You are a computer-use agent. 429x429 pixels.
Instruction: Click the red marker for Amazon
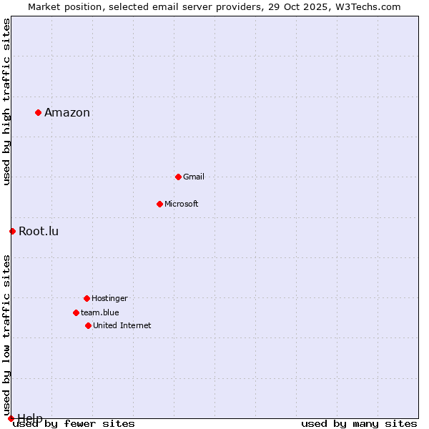(38, 112)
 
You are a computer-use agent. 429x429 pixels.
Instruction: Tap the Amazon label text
(67, 112)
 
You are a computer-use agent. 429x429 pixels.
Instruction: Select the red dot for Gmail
(178, 177)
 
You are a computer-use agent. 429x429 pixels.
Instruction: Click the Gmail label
(194, 177)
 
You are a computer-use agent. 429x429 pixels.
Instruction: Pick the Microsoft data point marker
(159, 204)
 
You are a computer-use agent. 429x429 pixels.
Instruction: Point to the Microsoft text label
(182, 204)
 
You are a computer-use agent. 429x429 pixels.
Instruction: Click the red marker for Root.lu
(12, 231)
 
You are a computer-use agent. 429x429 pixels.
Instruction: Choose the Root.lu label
(39, 231)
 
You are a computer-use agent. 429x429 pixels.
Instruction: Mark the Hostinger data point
(87, 298)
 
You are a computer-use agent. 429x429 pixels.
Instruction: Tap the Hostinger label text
(109, 298)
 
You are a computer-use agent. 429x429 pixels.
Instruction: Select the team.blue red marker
(76, 312)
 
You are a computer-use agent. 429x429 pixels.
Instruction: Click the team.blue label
(100, 312)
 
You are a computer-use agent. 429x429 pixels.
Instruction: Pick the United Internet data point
(88, 325)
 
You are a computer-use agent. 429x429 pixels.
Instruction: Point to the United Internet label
(122, 325)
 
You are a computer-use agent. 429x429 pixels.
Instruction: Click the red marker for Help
(11, 418)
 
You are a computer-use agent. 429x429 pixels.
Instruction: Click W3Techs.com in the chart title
(368, 6)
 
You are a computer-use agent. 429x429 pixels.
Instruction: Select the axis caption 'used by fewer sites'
(74, 423)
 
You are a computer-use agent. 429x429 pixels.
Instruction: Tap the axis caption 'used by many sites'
(359, 423)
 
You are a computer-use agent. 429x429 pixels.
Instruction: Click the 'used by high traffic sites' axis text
(6, 102)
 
